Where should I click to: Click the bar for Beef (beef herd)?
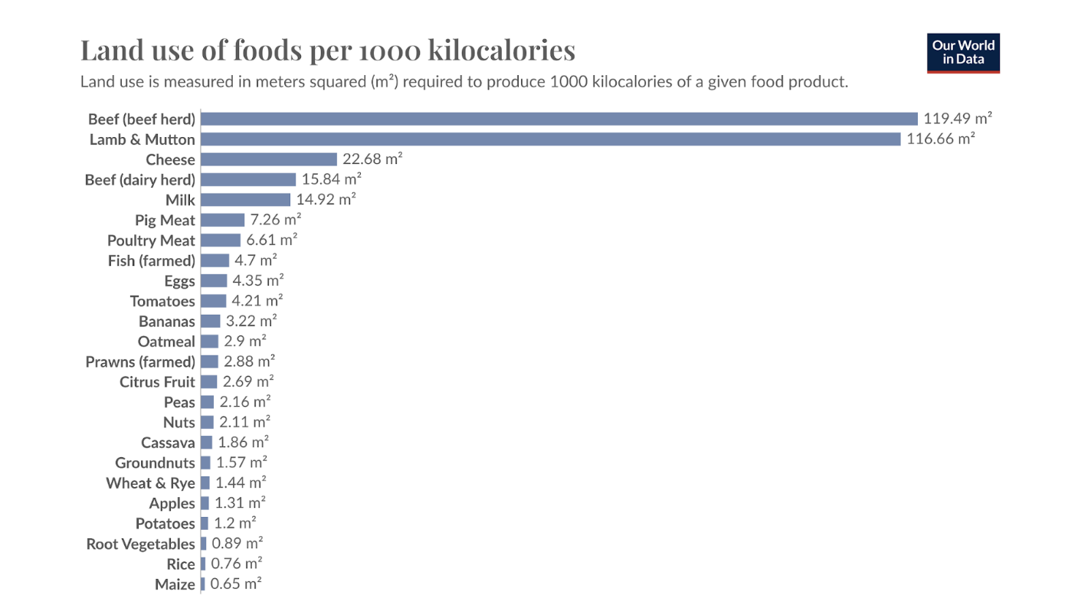pyautogui.click(x=559, y=119)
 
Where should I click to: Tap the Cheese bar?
pyautogui.click(x=268, y=159)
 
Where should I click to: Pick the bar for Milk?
pyautogui.click(x=245, y=200)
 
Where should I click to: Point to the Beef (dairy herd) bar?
pyautogui.click(x=247, y=179)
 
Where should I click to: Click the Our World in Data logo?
pyautogui.click(x=963, y=53)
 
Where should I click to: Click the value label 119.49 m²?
pyautogui.click(x=958, y=119)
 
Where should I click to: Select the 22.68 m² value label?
pyautogui.click(x=372, y=159)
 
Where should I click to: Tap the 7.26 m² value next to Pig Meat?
pyautogui.click(x=275, y=220)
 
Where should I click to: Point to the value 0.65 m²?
pyautogui.click(x=236, y=584)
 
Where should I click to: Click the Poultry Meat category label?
pyautogui.click(x=151, y=240)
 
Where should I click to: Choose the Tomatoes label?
pyautogui.click(x=162, y=301)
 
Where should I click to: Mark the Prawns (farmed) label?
pyautogui.click(x=140, y=361)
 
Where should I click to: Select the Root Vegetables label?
pyautogui.click(x=140, y=544)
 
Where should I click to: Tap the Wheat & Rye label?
pyautogui.click(x=150, y=483)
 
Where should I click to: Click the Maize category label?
pyautogui.click(x=175, y=584)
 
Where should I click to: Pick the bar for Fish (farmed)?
pyautogui.click(x=215, y=260)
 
